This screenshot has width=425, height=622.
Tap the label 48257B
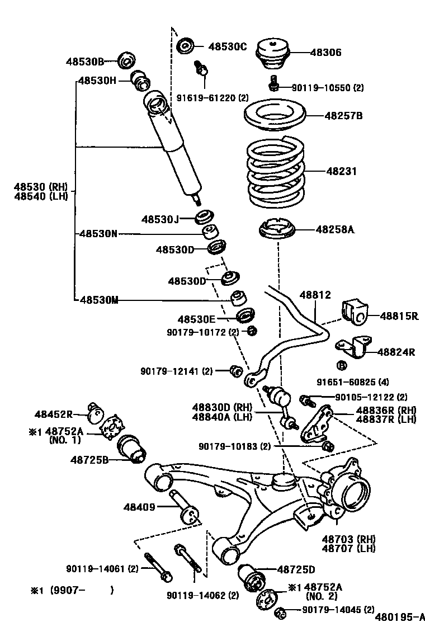coord(344,116)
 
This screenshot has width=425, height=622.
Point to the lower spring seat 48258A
coord(278,230)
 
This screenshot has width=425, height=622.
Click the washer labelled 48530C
coord(185,46)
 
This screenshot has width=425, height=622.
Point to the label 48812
coord(315,295)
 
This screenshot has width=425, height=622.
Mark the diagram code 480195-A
coord(399,616)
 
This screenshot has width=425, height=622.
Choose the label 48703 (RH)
coord(348,539)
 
